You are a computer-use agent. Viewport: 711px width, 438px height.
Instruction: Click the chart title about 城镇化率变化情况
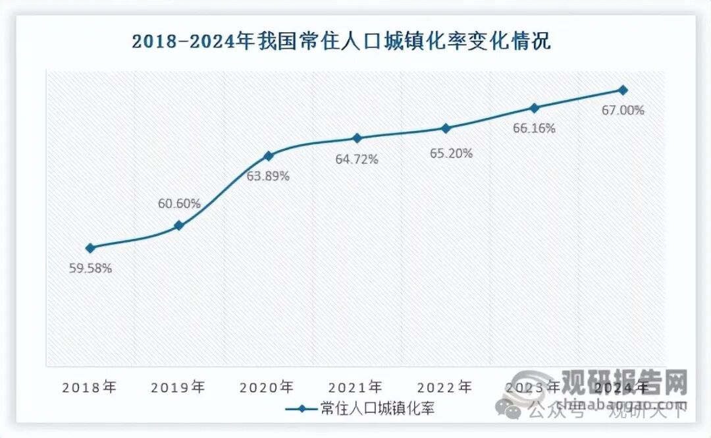point(341,42)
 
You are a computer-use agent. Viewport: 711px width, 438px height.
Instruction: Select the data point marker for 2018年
point(90,248)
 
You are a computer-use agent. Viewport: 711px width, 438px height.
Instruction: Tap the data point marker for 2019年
point(178,226)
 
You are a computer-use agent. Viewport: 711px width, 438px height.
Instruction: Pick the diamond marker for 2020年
point(268,156)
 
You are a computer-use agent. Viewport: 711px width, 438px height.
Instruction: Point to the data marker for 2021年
point(357,138)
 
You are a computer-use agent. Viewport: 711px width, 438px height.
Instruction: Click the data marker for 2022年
point(446,128)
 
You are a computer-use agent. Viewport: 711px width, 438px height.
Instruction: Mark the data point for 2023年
point(534,108)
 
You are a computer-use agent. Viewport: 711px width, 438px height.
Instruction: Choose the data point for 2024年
point(623,90)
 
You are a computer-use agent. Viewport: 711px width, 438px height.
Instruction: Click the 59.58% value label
point(90,268)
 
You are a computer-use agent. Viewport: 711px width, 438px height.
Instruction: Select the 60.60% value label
point(179,204)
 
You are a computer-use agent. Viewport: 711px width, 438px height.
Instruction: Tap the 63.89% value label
point(268,177)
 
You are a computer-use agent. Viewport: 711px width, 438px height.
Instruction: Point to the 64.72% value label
point(357,159)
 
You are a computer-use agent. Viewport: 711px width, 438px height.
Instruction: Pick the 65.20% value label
point(446,153)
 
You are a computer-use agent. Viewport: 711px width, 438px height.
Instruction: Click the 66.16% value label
point(534,128)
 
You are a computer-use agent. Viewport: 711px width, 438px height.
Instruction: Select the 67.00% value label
point(623,111)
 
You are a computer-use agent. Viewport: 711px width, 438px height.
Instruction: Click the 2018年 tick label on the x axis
point(90,387)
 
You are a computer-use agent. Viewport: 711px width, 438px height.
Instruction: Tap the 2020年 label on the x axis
point(267,387)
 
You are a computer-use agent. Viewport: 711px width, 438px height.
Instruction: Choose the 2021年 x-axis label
point(356,387)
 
